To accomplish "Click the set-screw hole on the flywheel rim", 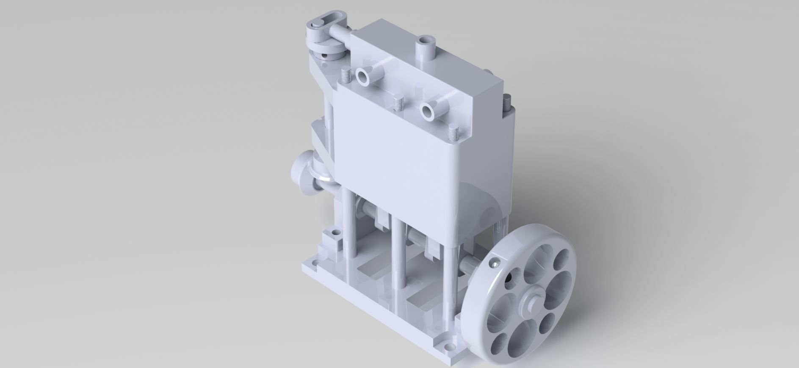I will click(494, 266).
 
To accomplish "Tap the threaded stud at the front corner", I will click(453, 133).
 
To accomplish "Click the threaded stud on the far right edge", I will click(507, 102).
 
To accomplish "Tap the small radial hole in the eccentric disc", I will click(324, 54).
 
